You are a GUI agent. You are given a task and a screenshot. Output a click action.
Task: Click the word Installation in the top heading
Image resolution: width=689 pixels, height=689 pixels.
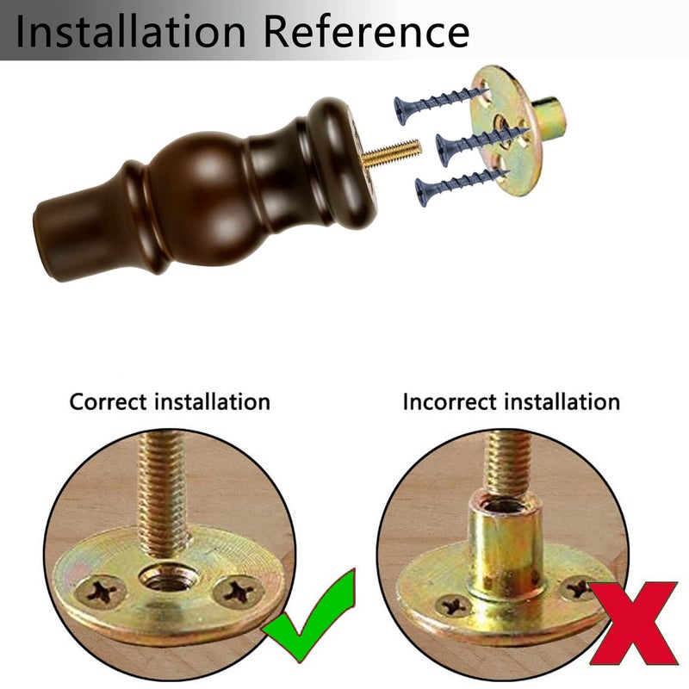(x=131, y=31)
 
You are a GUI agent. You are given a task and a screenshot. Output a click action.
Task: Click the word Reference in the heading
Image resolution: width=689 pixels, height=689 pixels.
(x=367, y=31)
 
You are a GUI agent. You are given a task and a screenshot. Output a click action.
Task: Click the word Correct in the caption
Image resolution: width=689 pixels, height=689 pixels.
(x=108, y=402)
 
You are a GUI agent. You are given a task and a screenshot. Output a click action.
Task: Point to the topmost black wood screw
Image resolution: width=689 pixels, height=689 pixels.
(x=440, y=104)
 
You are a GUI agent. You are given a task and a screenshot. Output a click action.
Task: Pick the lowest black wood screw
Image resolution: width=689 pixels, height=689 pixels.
(x=462, y=185)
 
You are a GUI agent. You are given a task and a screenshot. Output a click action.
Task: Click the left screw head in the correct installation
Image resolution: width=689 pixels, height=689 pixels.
(x=101, y=593)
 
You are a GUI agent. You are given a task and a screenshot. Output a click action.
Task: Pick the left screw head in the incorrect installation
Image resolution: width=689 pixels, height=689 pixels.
(x=453, y=605)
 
